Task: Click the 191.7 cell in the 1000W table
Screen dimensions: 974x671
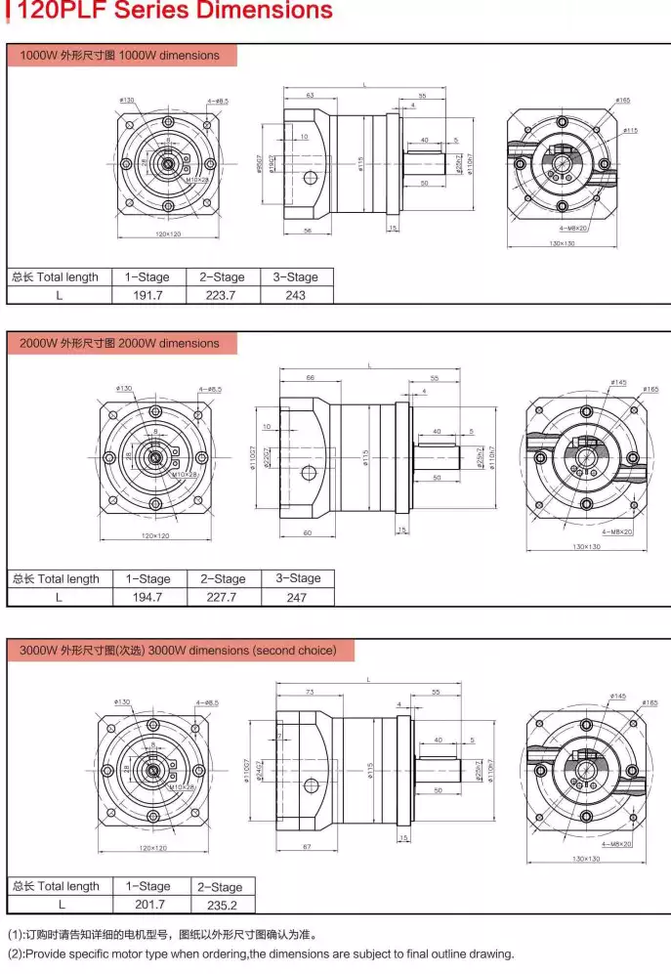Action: [x=147, y=295]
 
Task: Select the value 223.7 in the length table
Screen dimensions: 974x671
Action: [x=223, y=295]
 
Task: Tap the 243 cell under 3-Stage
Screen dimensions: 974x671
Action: [x=295, y=295]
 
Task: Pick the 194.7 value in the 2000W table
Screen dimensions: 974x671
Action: [x=147, y=596]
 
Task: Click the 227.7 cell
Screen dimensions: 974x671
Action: [x=223, y=596]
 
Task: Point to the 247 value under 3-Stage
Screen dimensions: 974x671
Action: [x=297, y=596]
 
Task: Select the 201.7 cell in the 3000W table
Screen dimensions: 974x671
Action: [x=147, y=905]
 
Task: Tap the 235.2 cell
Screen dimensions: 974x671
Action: [x=222, y=905]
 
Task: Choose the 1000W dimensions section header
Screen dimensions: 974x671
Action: [x=121, y=56]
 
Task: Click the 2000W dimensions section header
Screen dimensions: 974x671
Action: [x=121, y=344]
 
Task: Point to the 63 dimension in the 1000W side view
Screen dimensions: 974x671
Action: [x=309, y=96]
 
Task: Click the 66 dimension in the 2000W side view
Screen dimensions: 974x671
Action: [x=310, y=377]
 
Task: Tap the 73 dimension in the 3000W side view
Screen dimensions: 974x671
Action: [x=309, y=691]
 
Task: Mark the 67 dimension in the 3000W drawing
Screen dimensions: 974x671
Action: [x=306, y=845]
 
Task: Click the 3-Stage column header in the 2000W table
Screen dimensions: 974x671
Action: [x=297, y=578]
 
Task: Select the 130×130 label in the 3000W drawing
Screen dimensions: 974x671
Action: [x=586, y=858]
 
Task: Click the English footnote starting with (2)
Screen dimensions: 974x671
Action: [x=261, y=953]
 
